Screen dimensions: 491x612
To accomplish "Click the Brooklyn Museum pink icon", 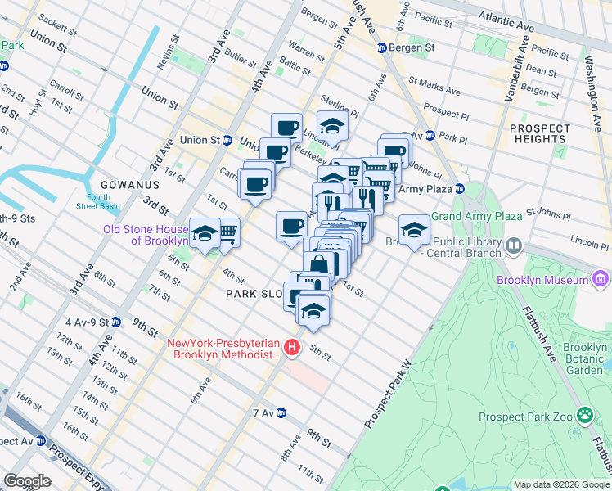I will (x=601, y=280).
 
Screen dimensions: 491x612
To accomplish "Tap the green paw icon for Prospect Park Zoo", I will (x=585, y=415).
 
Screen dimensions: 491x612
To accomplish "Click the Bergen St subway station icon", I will (x=381, y=48).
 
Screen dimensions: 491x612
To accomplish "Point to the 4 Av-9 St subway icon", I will (x=116, y=322).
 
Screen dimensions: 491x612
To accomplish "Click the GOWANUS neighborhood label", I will (x=123, y=185).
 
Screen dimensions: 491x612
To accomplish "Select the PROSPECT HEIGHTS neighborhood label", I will (x=539, y=133).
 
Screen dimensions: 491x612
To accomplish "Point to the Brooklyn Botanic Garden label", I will (x=585, y=358).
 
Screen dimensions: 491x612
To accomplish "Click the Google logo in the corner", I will (x=27, y=480).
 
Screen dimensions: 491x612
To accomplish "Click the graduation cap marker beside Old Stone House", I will (x=204, y=232).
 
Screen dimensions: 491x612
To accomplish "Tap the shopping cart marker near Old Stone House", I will (x=229, y=232).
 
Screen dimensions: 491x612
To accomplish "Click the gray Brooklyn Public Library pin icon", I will (x=514, y=245).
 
